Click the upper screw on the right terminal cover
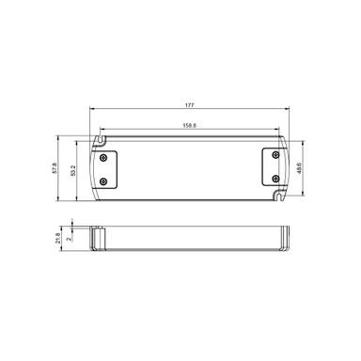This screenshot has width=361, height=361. click(x=274, y=156)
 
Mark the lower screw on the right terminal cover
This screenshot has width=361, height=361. click(x=274, y=177)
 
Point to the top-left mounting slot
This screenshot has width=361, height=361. click(x=98, y=140)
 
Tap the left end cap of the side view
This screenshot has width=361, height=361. click(x=97, y=238)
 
